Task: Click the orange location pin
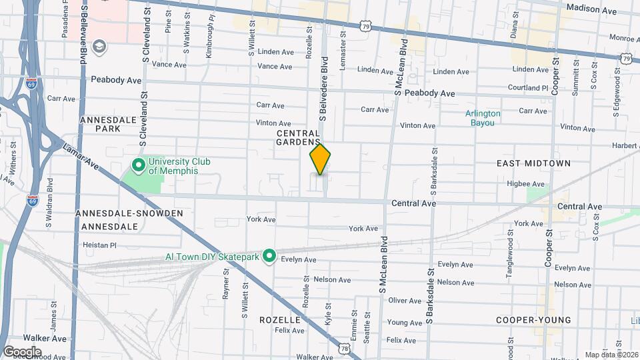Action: tap(320, 159)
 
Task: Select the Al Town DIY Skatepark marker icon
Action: tap(269, 256)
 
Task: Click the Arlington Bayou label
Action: tap(483, 118)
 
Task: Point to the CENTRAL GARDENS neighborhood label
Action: tap(299, 138)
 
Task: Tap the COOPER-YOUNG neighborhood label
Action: tap(533, 320)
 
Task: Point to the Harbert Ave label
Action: tap(625, 146)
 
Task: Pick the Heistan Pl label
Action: tap(99, 245)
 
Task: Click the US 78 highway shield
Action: tap(344, 349)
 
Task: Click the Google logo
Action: tap(22, 351)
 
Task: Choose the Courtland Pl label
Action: tap(527, 88)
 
